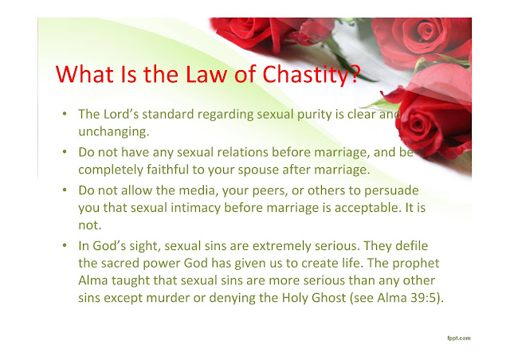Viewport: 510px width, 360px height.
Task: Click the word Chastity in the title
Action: pyautogui.click(x=306, y=75)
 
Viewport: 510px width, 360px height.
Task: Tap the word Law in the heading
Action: pyautogui.click(x=206, y=74)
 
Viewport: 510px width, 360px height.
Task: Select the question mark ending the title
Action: pyautogui.click(x=355, y=74)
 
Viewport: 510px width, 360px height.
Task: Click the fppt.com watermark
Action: pyautogui.click(x=459, y=338)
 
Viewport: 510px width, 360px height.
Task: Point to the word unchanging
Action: pyautogui.click(x=113, y=131)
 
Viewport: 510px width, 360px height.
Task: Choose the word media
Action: pyautogui.click(x=198, y=190)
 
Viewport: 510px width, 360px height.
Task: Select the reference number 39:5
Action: pyautogui.click(x=423, y=298)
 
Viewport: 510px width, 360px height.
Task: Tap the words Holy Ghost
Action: pyautogui.click(x=314, y=298)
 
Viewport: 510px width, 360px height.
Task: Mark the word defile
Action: pyautogui.click(x=411, y=245)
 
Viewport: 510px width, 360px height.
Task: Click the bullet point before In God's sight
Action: pyautogui.click(x=65, y=245)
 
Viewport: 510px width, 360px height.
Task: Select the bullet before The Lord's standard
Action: pyautogui.click(x=65, y=114)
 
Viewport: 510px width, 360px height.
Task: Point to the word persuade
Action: pyautogui.click(x=391, y=191)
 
